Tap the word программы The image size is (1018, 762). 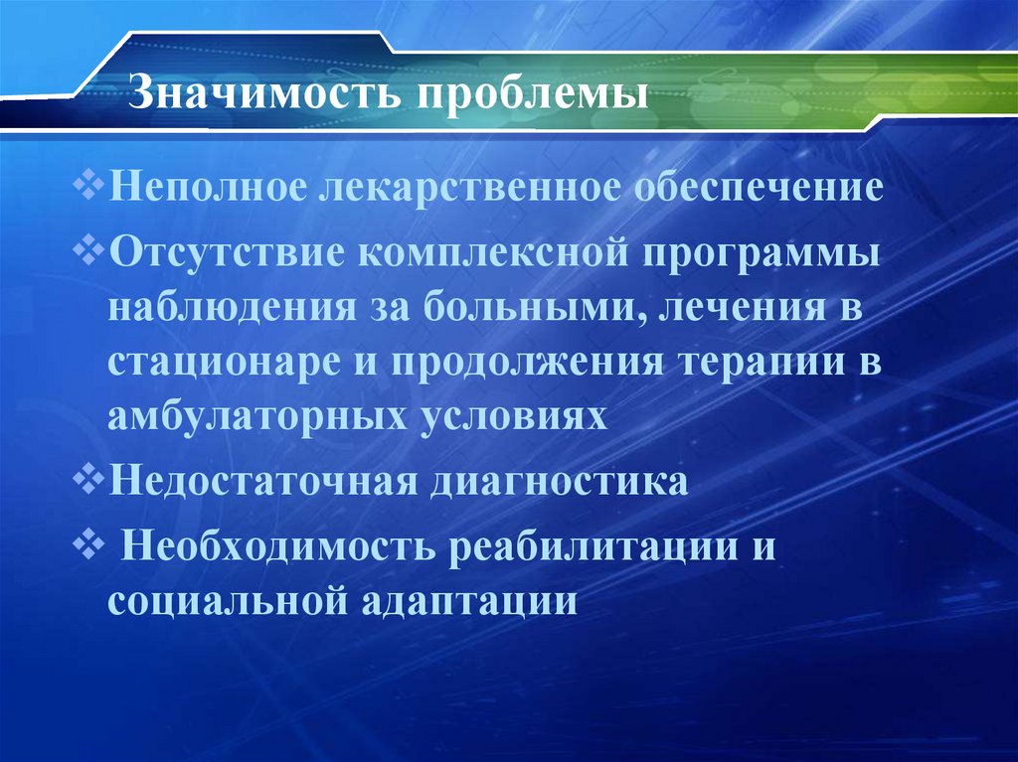tap(766, 251)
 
